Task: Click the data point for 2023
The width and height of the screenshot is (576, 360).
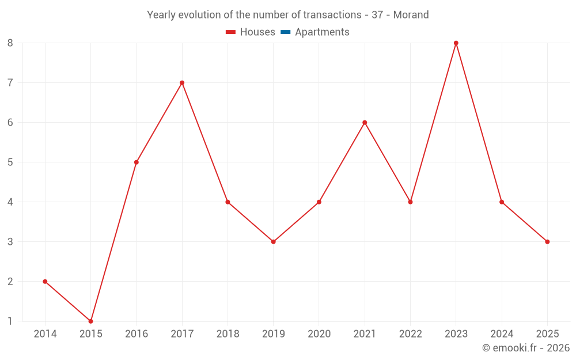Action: (x=456, y=43)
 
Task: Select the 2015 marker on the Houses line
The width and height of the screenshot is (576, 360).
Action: (x=90, y=321)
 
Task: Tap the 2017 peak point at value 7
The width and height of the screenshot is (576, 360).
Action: (x=182, y=82)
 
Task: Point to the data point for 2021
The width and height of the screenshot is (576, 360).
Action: (x=365, y=122)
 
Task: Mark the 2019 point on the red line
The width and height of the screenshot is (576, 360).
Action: (x=274, y=241)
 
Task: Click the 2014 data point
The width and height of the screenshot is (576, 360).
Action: (x=45, y=281)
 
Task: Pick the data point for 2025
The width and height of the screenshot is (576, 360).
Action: (x=547, y=241)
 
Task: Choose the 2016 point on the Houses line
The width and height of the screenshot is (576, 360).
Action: (x=137, y=162)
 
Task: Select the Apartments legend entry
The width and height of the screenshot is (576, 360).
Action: (x=322, y=32)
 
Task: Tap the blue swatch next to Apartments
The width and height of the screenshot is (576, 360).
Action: (x=285, y=32)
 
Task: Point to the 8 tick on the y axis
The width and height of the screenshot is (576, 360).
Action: (x=10, y=43)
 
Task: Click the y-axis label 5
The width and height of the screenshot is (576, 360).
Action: (x=10, y=162)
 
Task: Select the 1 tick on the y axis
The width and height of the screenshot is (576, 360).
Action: (x=10, y=321)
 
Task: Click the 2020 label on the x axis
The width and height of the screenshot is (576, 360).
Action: (x=319, y=334)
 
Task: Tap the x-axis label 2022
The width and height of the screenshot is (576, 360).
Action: (x=410, y=334)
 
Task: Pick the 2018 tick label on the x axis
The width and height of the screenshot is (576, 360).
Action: (x=228, y=334)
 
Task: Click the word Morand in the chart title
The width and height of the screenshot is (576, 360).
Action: (x=411, y=15)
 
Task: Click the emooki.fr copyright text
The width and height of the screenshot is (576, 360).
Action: (x=526, y=348)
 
